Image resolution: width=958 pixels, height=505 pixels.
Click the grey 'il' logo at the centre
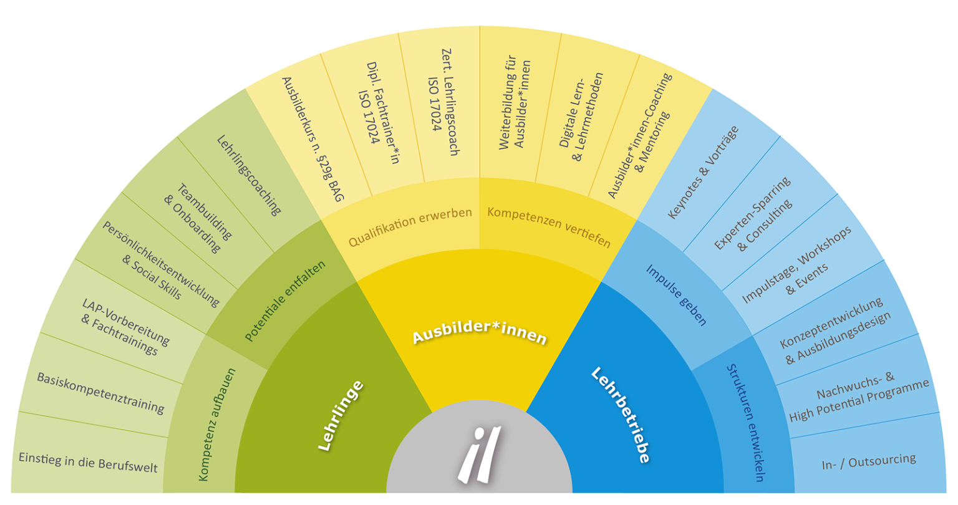coord(479,454)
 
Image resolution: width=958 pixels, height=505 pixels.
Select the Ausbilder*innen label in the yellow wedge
coord(480,332)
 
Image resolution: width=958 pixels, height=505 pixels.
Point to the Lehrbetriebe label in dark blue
coord(620,415)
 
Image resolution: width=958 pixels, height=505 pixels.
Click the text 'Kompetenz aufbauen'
coord(217,425)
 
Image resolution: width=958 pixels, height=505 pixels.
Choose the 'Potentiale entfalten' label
coord(285,301)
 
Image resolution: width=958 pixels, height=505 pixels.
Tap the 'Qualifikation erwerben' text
coord(410,227)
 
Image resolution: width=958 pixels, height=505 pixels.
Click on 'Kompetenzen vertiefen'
coord(549,227)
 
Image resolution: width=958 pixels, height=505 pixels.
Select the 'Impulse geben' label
coord(675,295)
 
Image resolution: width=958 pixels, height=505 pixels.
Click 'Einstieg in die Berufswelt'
coord(88,462)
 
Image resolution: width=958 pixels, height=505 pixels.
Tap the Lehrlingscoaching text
coord(249,175)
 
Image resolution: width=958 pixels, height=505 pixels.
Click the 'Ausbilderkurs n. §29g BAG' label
coord(312,139)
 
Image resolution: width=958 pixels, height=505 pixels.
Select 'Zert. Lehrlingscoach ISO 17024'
coord(444,102)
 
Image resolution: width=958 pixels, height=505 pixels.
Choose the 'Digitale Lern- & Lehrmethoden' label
coord(581,117)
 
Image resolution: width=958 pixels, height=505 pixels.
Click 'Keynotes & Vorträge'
coord(703,172)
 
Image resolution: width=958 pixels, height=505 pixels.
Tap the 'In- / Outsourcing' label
coord(869,462)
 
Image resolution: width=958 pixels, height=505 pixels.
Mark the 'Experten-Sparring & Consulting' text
coord(753,214)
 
